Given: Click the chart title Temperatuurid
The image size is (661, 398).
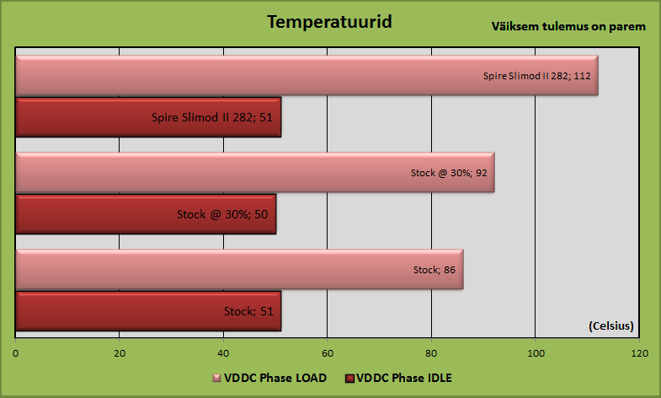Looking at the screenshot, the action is [x=329, y=22].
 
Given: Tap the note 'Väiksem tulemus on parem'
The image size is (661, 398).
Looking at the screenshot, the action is [x=568, y=27].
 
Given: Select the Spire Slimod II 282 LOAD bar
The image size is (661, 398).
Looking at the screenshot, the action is [x=307, y=75].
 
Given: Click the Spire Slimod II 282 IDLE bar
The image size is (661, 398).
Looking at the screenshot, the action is [x=148, y=117].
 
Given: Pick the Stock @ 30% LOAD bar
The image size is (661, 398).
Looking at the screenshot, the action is [x=255, y=172].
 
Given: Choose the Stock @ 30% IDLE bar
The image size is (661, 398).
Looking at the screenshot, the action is [x=146, y=214].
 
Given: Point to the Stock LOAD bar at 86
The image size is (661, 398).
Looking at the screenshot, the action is [x=239, y=269].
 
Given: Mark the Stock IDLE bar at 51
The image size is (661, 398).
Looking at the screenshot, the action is [x=148, y=311].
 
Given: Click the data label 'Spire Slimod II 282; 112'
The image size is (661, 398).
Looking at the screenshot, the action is [x=536, y=76].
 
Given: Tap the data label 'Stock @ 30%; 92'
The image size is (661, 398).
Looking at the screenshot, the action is [x=449, y=173].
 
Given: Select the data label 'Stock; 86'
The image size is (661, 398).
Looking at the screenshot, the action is [x=434, y=270].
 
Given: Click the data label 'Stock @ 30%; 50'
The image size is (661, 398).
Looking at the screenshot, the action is [x=222, y=214].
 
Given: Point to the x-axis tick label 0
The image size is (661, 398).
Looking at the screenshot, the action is [x=16, y=353].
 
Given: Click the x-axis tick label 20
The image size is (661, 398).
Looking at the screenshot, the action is [x=120, y=353].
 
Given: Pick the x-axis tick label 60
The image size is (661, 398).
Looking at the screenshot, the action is [x=328, y=353].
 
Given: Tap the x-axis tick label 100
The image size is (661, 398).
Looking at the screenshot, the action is [x=536, y=353].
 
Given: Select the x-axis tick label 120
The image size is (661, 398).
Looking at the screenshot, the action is [x=639, y=353].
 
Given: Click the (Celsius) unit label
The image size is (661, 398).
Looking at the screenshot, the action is [x=611, y=325].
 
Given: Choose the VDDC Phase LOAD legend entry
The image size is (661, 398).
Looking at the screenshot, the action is [x=269, y=378].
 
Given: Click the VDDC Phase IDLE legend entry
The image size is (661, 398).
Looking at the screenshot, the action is [x=398, y=378].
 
